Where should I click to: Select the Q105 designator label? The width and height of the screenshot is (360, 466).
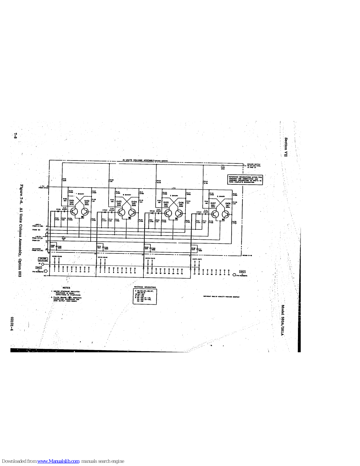(x=166, y=202)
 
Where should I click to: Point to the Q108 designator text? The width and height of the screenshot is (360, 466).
(x=228, y=204)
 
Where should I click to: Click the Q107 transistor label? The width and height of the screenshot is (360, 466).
(x=213, y=203)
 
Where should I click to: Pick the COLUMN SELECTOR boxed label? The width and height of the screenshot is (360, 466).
(x=43, y=259)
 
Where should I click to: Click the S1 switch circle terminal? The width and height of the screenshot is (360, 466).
(x=43, y=264)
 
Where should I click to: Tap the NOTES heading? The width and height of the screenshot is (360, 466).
(x=66, y=288)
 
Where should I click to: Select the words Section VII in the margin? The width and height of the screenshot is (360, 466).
(x=286, y=147)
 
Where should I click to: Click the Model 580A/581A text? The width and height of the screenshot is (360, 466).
(x=282, y=320)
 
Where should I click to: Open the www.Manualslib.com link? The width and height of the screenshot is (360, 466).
(x=58, y=461)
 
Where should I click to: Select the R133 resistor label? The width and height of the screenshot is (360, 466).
(x=159, y=181)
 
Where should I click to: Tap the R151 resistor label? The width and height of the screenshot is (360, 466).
(x=65, y=180)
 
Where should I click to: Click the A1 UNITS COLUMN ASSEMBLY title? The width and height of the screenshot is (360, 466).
(x=146, y=160)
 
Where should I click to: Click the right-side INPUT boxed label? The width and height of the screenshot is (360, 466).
(x=242, y=272)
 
